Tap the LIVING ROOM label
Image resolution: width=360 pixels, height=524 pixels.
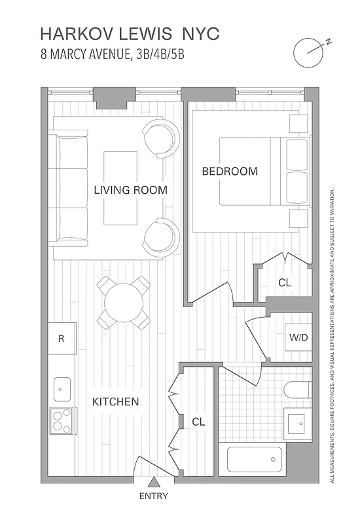click(x=130, y=191)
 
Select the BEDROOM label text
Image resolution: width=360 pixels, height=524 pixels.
click(x=229, y=172)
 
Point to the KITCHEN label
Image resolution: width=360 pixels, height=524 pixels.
click(x=115, y=402)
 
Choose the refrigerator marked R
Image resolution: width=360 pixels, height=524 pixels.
click(x=62, y=339)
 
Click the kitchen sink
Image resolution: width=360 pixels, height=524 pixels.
click(x=62, y=388)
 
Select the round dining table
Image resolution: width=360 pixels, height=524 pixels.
click(x=123, y=303)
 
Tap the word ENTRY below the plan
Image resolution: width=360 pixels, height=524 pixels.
click(x=153, y=496)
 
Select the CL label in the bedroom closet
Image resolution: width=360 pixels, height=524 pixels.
click(x=285, y=283)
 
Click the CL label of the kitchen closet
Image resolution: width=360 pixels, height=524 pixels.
click(x=198, y=422)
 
